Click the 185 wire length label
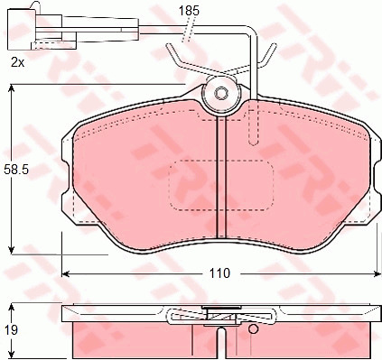pyautogui.click(x=189, y=11)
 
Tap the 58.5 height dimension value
pyautogui.click(x=16, y=171)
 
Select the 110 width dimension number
pyautogui.click(x=219, y=273)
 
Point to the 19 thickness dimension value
pyautogui.click(x=12, y=330)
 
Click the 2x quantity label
pyautogui.click(x=17, y=62)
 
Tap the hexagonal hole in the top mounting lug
pyautogui.click(x=221, y=94)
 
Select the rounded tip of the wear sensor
pyautogui.click(x=255, y=142)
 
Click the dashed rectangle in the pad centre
pyautogui.click(x=221, y=185)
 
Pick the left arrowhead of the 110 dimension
pyautogui.click(x=65, y=273)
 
